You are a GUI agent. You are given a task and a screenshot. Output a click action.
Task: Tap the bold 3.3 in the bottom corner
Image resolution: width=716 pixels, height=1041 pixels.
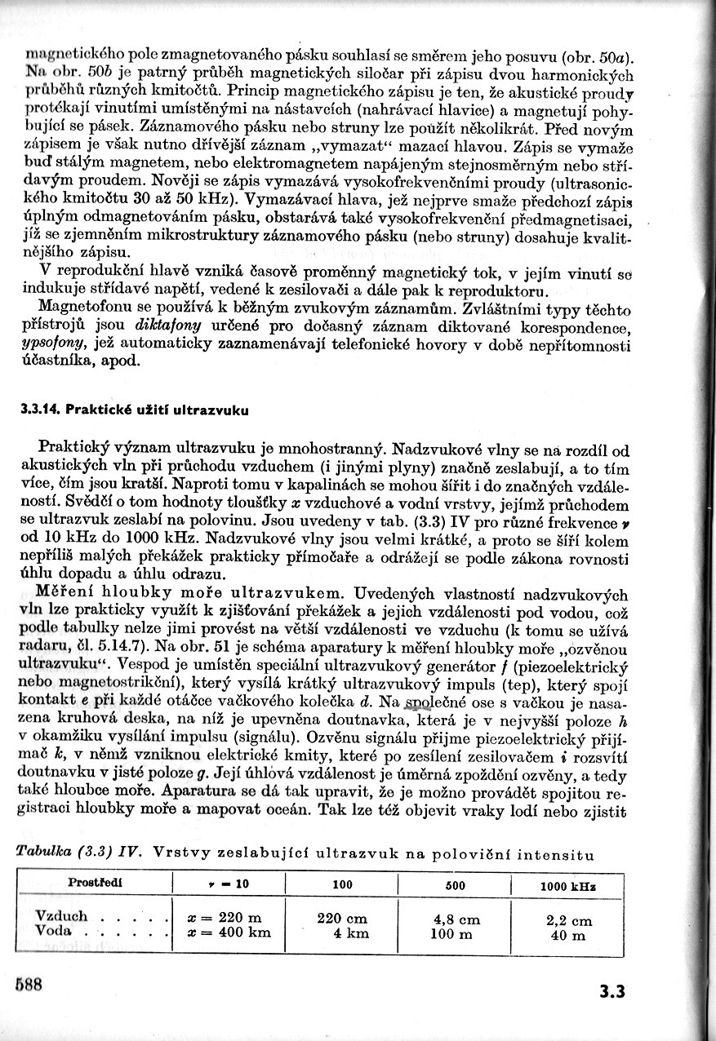(611, 992)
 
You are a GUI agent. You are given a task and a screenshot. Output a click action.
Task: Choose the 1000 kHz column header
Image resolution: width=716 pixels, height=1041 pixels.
(568, 886)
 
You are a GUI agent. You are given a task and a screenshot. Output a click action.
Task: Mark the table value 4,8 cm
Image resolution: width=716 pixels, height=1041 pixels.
(457, 919)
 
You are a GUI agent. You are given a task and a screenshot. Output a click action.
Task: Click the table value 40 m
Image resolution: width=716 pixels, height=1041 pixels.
(568, 936)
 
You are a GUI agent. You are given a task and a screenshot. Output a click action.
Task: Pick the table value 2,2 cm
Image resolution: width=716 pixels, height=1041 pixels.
(569, 921)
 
